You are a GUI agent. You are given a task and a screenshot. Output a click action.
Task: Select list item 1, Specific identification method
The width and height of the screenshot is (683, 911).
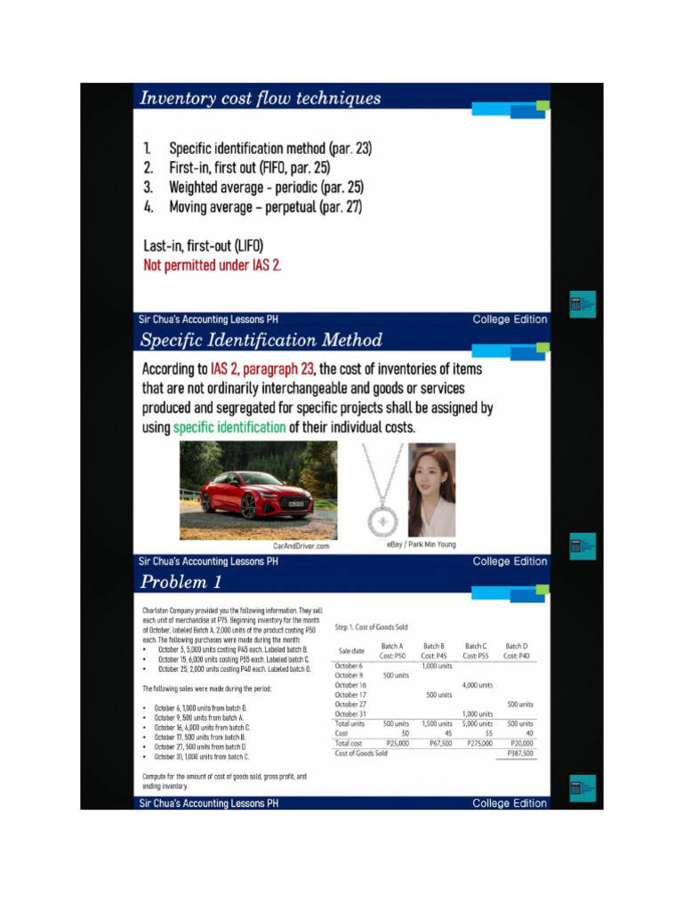tap(258, 149)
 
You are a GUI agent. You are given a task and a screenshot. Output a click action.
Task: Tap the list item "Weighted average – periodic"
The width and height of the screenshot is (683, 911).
tap(254, 187)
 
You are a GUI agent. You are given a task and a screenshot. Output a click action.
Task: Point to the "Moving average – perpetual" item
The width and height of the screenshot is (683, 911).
tap(253, 206)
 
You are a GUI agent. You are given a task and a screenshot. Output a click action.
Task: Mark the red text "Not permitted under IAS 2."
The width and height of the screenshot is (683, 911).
tap(213, 265)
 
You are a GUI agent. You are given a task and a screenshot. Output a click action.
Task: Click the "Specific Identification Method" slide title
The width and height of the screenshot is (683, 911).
tap(261, 341)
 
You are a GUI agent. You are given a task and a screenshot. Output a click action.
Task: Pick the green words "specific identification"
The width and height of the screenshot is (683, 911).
tap(229, 427)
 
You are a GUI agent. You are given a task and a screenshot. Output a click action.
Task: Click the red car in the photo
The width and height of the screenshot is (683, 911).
tap(256, 494)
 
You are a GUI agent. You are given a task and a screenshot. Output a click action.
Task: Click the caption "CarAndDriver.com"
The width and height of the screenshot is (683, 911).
tap(301, 545)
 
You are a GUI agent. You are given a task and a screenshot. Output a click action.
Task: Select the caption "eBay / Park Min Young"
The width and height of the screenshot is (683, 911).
tap(421, 544)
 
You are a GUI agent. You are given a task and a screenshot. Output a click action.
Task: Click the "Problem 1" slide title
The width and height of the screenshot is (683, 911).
tap(181, 583)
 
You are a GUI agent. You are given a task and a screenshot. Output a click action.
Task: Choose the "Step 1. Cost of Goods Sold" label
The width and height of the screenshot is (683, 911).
tap(371, 627)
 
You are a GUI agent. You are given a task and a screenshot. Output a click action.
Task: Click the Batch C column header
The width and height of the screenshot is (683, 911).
tap(476, 650)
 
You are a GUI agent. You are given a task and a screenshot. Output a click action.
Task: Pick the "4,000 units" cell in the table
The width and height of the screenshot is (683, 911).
tap(478, 685)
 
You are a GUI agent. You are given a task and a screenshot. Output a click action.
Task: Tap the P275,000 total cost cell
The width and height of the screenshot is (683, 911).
tap(477, 743)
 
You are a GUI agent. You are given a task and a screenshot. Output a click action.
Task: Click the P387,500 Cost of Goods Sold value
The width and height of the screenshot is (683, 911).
tap(519, 754)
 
